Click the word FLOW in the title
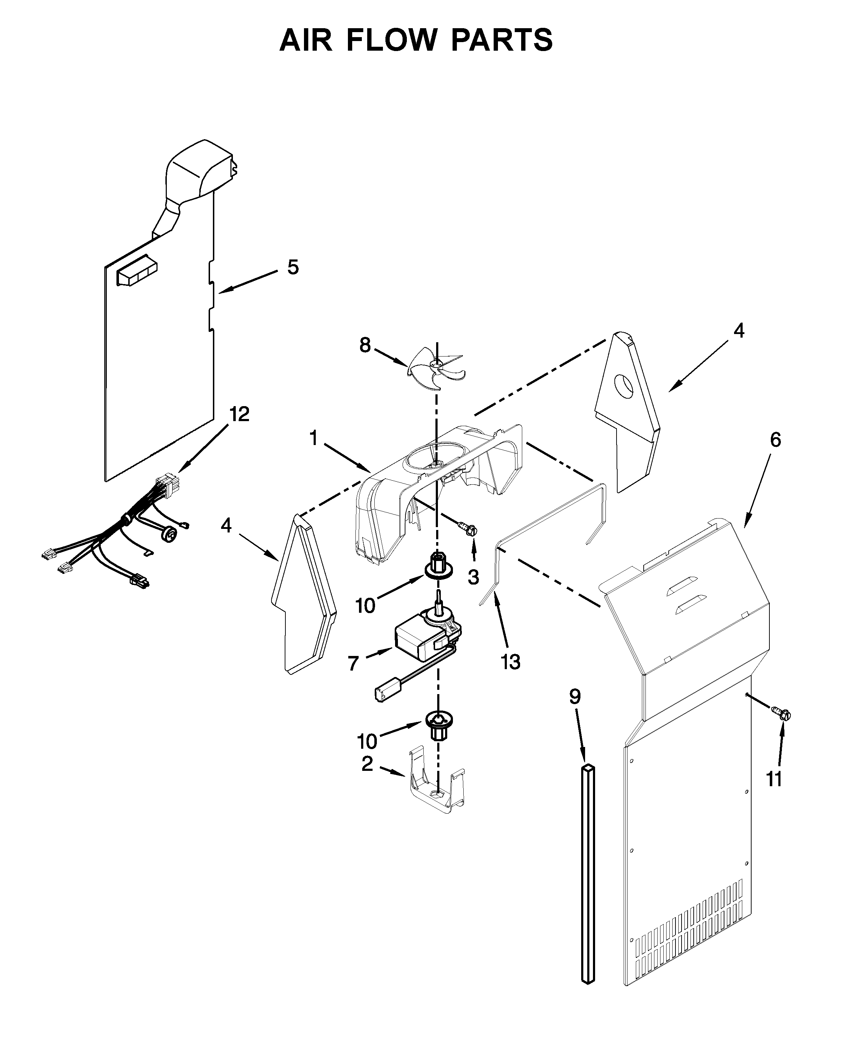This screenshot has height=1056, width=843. point(391,40)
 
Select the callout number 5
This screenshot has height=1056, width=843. point(293,267)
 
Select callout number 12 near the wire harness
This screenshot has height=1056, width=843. point(239,414)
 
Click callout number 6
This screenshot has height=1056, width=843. point(775,440)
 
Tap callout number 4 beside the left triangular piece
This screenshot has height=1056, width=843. point(226,526)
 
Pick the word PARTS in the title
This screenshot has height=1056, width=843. point(502,40)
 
